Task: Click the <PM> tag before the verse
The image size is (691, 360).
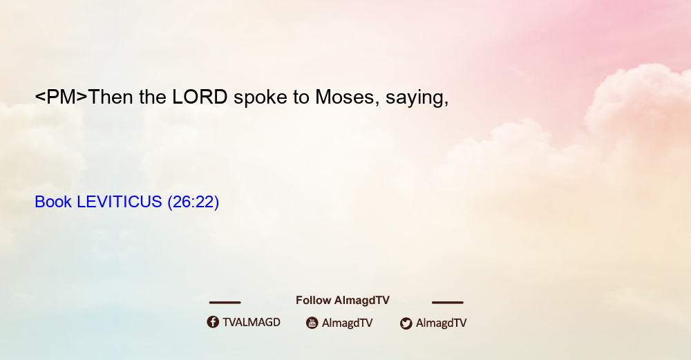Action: coord(61,97)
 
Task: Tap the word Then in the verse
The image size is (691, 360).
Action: coord(111,97)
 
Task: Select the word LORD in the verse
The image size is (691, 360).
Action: coord(200,97)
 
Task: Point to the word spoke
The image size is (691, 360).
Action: coord(260,98)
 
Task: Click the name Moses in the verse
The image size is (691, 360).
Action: coord(344,97)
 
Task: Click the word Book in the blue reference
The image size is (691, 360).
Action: coord(53,202)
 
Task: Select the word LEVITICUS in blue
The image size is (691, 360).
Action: coord(120,202)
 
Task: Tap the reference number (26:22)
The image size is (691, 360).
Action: coord(193,202)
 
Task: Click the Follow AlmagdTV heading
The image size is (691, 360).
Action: coord(343,301)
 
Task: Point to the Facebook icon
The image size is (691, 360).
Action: coord(213,322)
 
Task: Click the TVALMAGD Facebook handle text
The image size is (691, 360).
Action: coord(252,323)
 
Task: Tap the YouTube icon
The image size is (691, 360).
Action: coord(312,323)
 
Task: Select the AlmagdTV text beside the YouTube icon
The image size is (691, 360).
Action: coord(348,323)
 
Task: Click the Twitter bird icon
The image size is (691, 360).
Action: coord(406,323)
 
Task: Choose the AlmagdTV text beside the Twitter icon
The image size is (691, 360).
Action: coord(441,323)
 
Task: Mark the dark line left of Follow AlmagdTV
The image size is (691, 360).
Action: coord(225,302)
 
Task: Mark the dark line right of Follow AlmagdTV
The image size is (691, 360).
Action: coord(448,302)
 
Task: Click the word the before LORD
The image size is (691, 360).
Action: coord(153,97)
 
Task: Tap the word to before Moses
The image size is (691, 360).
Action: coord(301,97)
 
